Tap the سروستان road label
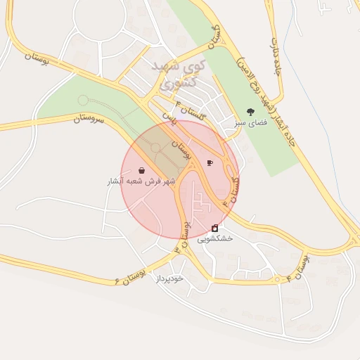tap(89, 120)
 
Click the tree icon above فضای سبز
tap(250, 112)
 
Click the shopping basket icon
tap(142, 170)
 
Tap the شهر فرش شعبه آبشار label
tap(141, 181)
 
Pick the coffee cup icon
tap(210, 163)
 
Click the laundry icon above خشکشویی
tap(214, 228)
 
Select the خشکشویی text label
tap(214, 239)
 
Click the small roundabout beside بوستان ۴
tap(289, 280)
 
